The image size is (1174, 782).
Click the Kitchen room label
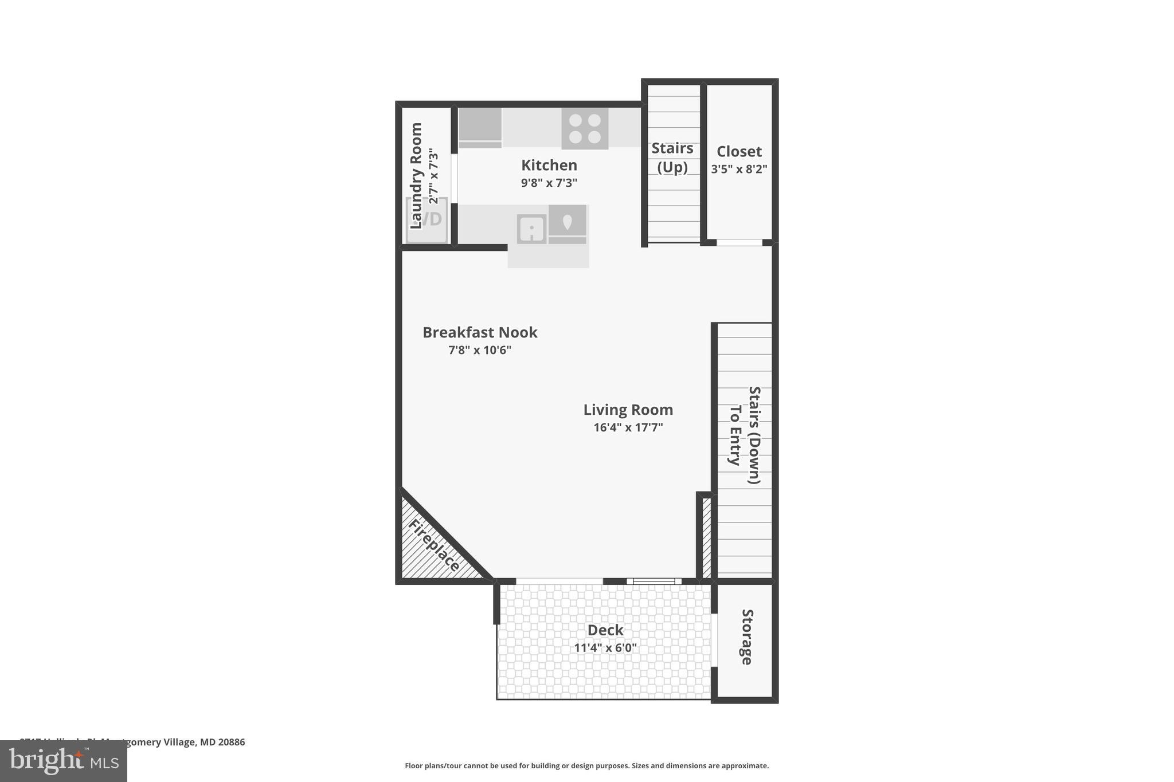point(549,166)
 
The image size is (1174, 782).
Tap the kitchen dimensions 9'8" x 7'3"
point(549,183)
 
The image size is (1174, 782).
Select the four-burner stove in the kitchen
point(585,129)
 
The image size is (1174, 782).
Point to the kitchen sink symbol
point(531,229)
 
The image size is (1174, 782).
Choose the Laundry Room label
point(416,175)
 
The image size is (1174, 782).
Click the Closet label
point(739,152)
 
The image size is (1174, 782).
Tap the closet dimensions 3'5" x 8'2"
point(739,170)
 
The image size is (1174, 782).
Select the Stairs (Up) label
point(672,158)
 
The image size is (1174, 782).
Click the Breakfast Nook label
point(480,333)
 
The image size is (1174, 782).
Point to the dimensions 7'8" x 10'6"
point(480,350)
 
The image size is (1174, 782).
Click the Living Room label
point(628,410)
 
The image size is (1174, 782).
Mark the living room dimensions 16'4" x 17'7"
point(628,427)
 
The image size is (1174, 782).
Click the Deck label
point(605,630)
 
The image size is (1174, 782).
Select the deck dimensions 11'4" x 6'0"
point(605,648)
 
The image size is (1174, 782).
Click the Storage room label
point(746,636)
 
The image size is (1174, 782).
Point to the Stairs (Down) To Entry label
point(745,435)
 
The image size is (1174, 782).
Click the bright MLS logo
point(64,761)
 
